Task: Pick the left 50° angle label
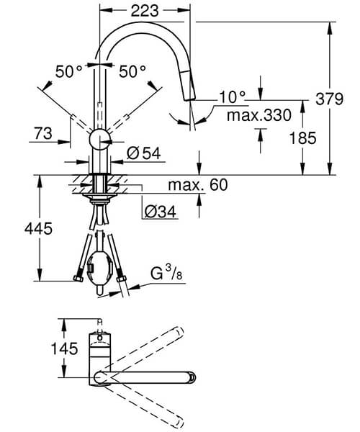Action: pos(70,71)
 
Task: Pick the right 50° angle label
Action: pos(132,71)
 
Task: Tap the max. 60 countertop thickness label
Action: pos(197,186)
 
